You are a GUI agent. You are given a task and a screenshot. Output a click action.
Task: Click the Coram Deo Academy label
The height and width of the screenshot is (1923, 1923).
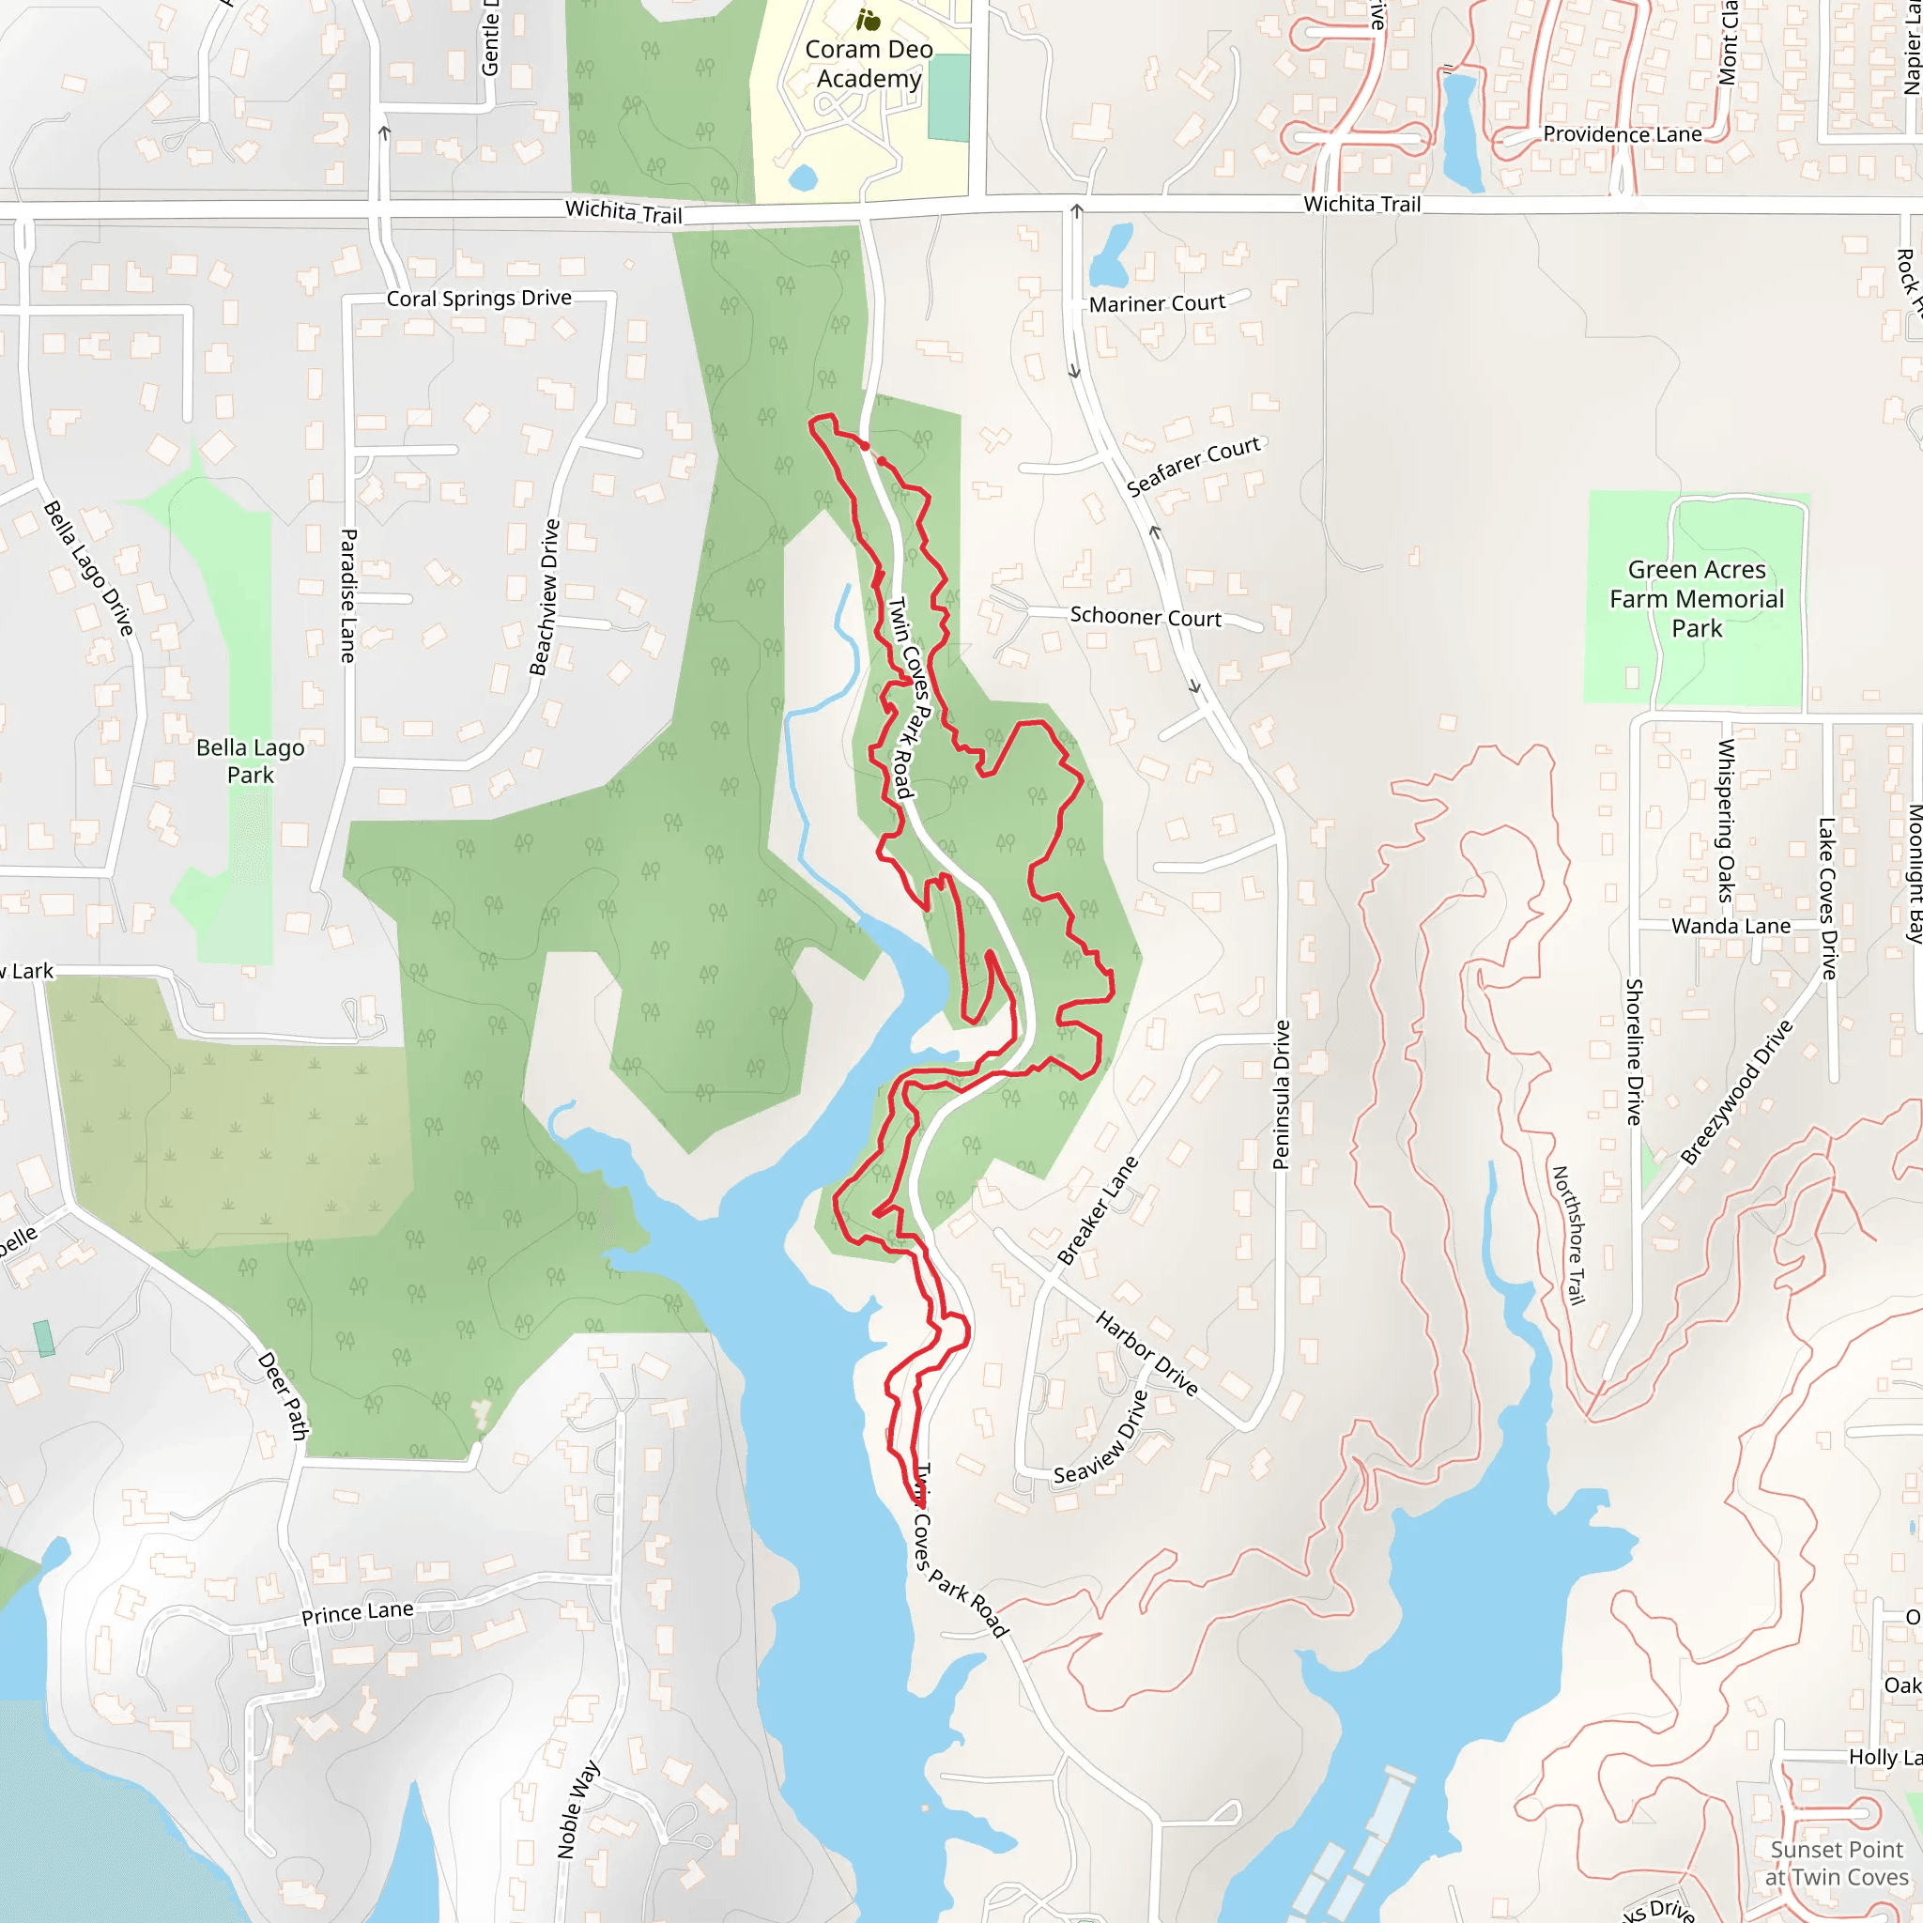868,64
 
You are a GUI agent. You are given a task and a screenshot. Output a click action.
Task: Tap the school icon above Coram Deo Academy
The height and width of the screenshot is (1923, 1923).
868,19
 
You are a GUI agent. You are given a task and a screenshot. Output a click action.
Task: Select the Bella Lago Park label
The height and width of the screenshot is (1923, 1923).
250,761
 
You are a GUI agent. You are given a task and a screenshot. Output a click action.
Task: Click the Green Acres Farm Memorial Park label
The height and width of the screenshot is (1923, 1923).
1696,598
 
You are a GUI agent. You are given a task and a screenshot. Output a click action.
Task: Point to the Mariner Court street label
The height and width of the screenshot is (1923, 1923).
1157,303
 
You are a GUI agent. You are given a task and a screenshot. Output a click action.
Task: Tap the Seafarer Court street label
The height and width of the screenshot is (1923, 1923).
1192,466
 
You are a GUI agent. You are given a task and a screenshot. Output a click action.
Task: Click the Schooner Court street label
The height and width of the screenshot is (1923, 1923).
1145,616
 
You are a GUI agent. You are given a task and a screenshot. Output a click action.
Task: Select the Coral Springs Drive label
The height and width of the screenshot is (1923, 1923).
479,299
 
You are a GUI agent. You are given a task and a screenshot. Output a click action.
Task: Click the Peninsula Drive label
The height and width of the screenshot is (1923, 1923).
1282,1094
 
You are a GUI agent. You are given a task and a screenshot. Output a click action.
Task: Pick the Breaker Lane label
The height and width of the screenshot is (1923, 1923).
1097,1209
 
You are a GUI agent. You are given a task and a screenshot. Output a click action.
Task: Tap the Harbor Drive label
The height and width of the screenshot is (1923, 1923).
1146,1353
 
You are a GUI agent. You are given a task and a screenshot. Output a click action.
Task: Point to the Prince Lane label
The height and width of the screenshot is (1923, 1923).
358,1612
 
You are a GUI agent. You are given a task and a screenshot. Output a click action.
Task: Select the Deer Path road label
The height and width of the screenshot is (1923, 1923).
283,1395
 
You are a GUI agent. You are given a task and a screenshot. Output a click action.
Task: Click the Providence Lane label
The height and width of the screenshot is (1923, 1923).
1622,134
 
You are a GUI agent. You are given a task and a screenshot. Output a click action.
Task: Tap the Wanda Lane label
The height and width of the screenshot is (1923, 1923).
1730,926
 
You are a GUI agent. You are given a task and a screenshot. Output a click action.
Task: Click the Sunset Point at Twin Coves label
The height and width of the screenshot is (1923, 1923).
1836,1862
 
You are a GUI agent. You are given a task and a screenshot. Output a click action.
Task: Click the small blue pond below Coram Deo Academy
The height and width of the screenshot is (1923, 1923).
802,178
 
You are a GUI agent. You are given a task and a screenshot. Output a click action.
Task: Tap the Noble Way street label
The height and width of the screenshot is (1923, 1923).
578,1808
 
